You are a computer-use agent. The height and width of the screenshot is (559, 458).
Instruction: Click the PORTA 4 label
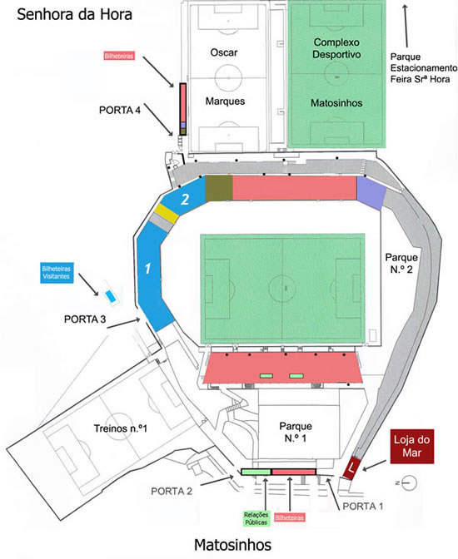120,110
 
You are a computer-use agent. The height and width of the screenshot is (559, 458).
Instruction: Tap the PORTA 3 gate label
85,319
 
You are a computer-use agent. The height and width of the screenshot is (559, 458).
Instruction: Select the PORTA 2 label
172,492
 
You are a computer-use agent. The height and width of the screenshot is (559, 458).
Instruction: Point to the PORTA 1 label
363,507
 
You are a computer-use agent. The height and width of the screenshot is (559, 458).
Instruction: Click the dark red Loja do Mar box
412,447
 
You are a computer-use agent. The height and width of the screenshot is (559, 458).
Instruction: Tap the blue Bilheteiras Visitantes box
57,273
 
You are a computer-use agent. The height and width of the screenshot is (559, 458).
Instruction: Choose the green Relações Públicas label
256,519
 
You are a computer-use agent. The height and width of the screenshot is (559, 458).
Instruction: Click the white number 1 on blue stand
148,269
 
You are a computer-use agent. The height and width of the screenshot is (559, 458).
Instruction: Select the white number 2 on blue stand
185,200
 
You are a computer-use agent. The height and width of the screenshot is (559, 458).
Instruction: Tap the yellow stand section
166,214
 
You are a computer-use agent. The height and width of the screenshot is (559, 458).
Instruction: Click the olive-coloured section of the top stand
219,188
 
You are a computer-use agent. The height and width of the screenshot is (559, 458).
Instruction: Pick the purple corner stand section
371,193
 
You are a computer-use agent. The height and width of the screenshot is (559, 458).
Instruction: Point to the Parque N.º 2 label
401,264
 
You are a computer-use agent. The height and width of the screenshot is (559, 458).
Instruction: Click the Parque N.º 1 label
296,432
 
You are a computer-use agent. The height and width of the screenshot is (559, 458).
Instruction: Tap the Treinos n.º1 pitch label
120,428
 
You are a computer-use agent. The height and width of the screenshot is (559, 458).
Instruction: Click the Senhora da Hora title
75,15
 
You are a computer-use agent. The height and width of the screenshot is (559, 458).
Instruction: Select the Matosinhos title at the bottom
233,545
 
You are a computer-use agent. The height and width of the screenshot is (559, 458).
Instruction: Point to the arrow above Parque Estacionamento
406,26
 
